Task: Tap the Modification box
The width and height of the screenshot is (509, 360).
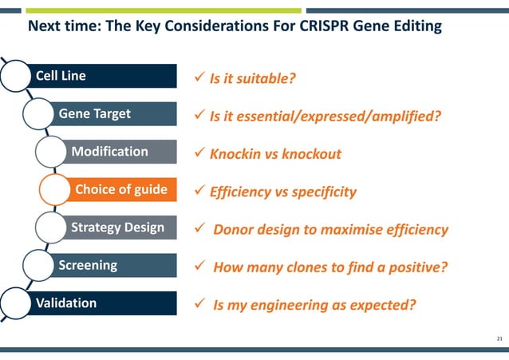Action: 120,152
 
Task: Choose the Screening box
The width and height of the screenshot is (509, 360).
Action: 112,265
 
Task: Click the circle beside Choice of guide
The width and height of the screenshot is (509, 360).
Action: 57,190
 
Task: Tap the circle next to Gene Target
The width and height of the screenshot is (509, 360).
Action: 41,114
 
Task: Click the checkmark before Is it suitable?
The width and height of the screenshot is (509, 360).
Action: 201,79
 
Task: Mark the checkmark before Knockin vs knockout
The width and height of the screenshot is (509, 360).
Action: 201,154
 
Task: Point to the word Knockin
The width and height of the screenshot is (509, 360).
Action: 235,154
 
